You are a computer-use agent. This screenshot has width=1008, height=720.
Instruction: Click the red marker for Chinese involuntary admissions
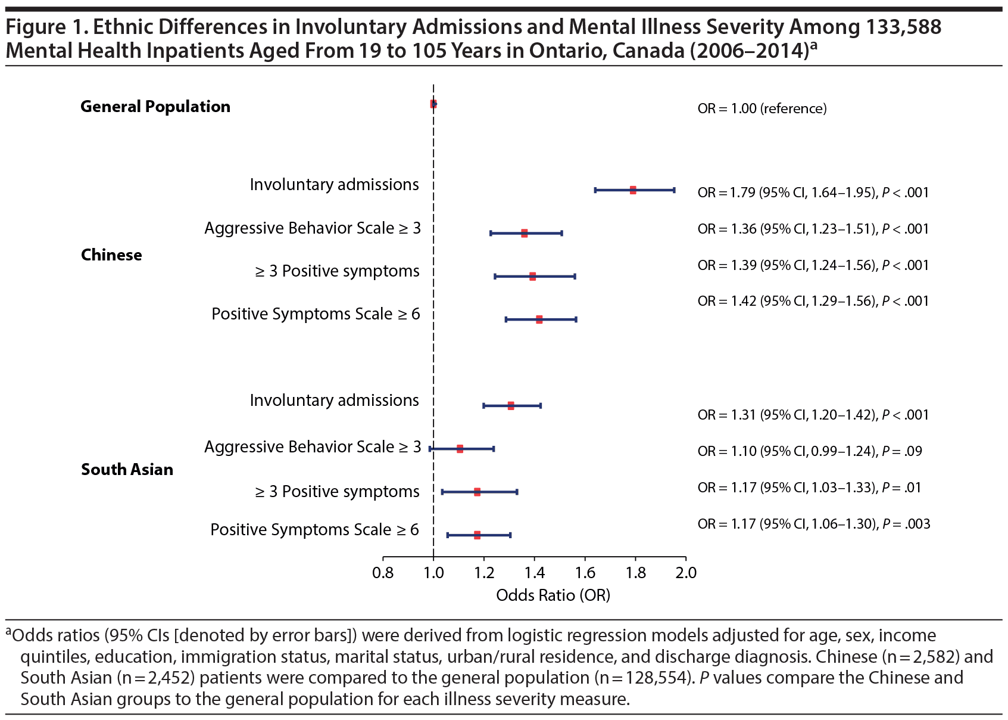[x=633, y=190]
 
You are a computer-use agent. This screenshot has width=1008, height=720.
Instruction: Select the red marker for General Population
[x=433, y=104]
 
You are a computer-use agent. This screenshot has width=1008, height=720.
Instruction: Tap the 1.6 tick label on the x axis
[x=585, y=573]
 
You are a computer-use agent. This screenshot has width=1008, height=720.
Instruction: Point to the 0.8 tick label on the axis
[x=383, y=573]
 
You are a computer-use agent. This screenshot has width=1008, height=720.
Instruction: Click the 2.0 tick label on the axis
[x=686, y=573]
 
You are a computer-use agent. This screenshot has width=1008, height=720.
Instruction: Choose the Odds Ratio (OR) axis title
[x=553, y=595]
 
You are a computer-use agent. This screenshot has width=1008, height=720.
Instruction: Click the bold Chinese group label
[x=111, y=255]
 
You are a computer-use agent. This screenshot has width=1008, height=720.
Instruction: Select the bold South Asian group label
[x=127, y=470]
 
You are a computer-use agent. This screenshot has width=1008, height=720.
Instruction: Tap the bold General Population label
[x=155, y=107]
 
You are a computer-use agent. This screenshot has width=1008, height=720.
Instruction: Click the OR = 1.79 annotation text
[x=813, y=193]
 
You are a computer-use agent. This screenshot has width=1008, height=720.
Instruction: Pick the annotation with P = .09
[x=810, y=451]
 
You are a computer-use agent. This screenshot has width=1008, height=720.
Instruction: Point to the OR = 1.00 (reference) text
[x=762, y=108]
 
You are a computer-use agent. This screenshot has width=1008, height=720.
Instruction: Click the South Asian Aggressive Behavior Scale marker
[x=460, y=449]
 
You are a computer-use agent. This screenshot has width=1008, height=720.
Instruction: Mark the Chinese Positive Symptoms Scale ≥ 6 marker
[x=539, y=319]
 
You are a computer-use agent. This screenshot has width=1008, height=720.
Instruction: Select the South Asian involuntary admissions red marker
[x=511, y=406]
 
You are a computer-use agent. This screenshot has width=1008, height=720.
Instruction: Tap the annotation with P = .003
[x=813, y=524]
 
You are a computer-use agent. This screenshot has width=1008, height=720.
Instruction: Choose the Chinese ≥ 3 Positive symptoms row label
[x=338, y=271]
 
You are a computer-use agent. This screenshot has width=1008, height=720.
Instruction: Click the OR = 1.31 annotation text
[x=813, y=415]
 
